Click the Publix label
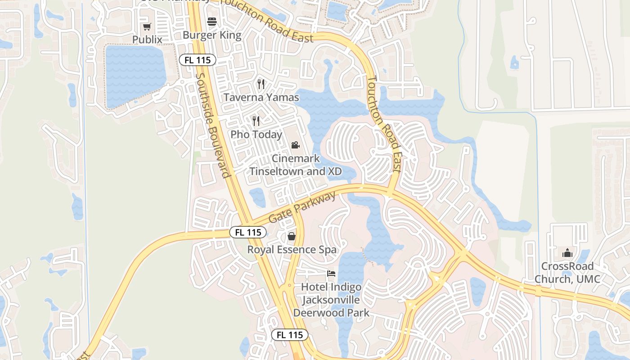pyautogui.click(x=147, y=40)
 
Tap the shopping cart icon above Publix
pyautogui.click(x=147, y=27)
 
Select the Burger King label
pyautogui.click(x=212, y=35)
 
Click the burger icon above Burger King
pyautogui.click(x=212, y=22)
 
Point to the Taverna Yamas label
pyautogui.click(x=261, y=97)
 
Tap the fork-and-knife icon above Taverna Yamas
pyautogui.click(x=261, y=84)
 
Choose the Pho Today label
pyautogui.click(x=256, y=134)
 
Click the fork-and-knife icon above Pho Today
pyautogui.click(x=256, y=121)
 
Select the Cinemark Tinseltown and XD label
pyautogui.click(x=296, y=165)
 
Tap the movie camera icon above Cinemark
pyautogui.click(x=295, y=145)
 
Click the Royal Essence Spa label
pyautogui.click(x=292, y=249)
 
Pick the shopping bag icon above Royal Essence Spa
pyautogui.click(x=292, y=236)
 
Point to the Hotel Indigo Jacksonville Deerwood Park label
pyautogui.click(x=331, y=300)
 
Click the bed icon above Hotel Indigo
pyautogui.click(x=331, y=274)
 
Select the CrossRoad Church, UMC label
pyautogui.click(x=567, y=273)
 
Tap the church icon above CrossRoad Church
pyautogui.click(x=567, y=253)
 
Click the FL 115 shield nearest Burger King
pyautogui.click(x=198, y=60)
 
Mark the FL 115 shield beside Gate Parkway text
pyautogui.click(x=248, y=232)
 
